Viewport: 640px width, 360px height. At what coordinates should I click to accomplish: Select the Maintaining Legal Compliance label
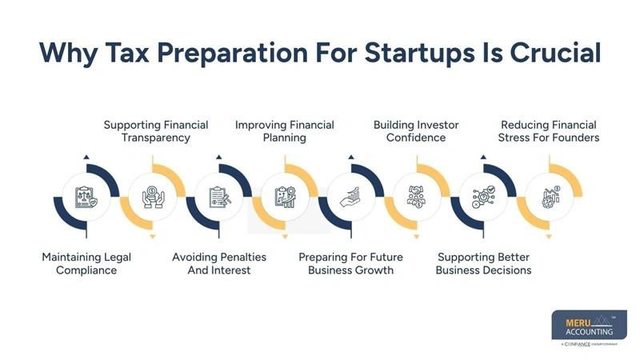pos(86,263)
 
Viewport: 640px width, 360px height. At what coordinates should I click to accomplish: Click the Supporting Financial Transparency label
pos(156,131)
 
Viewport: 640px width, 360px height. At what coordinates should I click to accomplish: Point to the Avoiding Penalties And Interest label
pos(219,263)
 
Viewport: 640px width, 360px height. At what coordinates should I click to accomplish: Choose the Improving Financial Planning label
pos(284,131)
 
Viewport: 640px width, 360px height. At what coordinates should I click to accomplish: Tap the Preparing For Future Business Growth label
pos(350,263)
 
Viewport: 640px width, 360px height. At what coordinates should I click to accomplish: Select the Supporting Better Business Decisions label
pos(483,263)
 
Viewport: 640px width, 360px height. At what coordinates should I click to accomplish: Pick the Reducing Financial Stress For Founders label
pos(550,131)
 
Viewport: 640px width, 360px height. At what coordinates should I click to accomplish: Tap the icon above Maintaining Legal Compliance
pos(86,197)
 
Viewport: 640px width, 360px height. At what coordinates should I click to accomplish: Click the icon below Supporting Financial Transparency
pos(152,197)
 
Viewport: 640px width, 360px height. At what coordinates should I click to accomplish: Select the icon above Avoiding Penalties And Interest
pos(218,197)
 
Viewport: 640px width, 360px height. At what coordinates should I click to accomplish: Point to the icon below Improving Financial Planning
pos(285,197)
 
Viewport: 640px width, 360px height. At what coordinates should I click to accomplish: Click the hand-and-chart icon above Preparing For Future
pos(350,197)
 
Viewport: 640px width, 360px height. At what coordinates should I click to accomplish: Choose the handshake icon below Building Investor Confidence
pos(417,197)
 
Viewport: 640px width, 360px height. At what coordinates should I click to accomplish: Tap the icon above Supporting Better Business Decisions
pos(483,197)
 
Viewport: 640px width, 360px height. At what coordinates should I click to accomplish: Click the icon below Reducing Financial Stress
pos(550,197)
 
